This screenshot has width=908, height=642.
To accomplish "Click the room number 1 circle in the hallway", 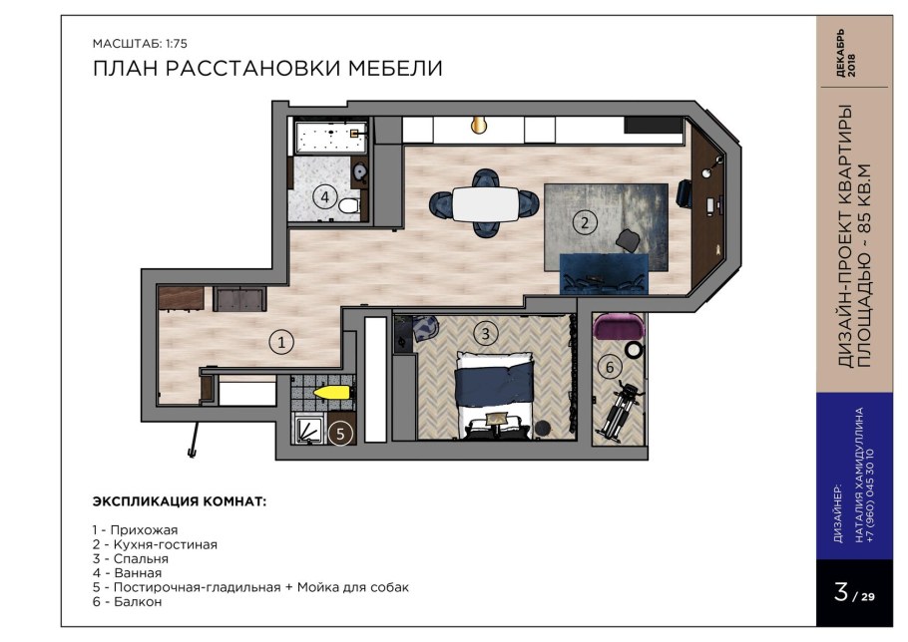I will point(282,343).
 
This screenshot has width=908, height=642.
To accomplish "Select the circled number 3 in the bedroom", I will point(485,333).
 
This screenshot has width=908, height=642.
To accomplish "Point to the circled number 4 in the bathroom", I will point(324,196).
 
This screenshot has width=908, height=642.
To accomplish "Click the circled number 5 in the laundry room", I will point(341,434).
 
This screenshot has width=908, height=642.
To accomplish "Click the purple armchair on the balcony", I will point(619,327).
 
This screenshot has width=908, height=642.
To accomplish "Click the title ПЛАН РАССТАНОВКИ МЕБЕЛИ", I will point(266,68).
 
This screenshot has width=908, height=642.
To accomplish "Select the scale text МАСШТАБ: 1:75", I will point(140,44).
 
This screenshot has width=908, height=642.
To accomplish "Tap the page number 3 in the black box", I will point(842,593).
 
